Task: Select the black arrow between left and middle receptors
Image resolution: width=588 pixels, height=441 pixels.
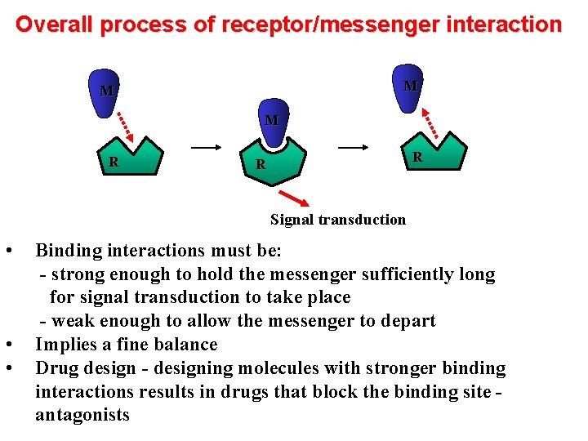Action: coord(207,148)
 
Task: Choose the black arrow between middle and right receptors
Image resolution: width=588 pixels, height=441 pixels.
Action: coord(354,148)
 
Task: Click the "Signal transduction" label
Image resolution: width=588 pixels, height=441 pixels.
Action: coord(337,219)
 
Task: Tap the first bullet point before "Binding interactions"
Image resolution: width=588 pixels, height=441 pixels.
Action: coord(7,251)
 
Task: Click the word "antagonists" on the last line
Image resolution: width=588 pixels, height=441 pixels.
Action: coord(82,415)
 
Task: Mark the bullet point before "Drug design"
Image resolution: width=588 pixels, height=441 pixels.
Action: coord(7,368)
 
